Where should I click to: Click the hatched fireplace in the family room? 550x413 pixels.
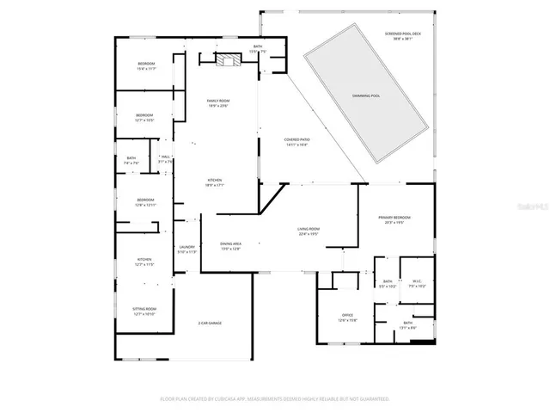(228, 60)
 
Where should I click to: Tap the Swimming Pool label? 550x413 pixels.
(366, 96)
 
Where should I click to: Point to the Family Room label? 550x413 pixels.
(217, 103)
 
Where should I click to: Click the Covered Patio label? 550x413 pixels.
(297, 141)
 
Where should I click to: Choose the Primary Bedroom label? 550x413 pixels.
(394, 220)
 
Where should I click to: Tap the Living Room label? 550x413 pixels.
(309, 231)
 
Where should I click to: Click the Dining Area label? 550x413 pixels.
(230, 246)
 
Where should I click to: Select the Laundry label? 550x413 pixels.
(186, 250)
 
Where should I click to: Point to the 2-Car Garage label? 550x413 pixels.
(210, 323)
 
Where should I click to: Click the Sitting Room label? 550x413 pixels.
(144, 311)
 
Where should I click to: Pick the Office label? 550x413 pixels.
(347, 317)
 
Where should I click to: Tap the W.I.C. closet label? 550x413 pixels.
(415, 283)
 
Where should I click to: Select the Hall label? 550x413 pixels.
(165, 158)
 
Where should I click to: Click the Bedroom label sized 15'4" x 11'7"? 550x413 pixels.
(146, 66)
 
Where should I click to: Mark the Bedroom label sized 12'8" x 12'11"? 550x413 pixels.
(145, 202)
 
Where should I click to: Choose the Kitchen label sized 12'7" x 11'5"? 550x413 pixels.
(144, 262)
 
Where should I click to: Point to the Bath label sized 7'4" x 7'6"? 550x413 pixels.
(131, 160)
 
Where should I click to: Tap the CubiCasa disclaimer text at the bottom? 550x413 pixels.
(275, 398)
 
